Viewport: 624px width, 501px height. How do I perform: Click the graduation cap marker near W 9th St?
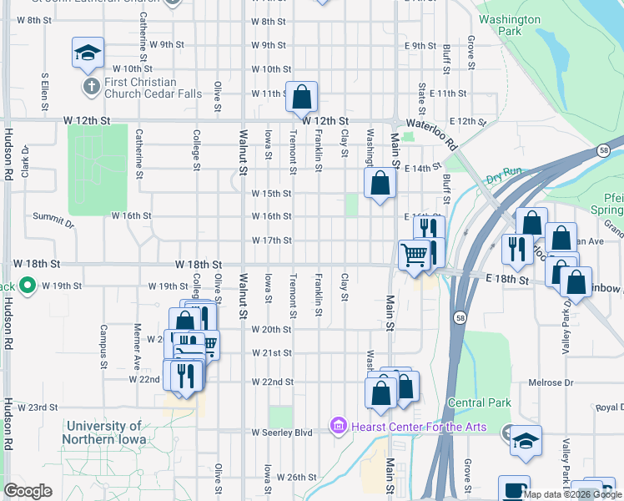tap(87, 54)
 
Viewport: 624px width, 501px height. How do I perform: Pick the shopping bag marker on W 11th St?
tap(301, 98)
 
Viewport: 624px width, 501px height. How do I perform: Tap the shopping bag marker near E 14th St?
tap(380, 183)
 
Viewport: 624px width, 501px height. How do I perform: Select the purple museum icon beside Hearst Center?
tap(338, 427)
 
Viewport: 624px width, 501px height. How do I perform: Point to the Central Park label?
tap(478, 402)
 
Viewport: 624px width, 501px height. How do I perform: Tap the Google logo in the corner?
tap(28, 490)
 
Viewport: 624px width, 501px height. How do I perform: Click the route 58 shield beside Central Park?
tap(460, 317)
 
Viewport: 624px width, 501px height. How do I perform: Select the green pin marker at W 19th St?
tap(27, 286)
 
